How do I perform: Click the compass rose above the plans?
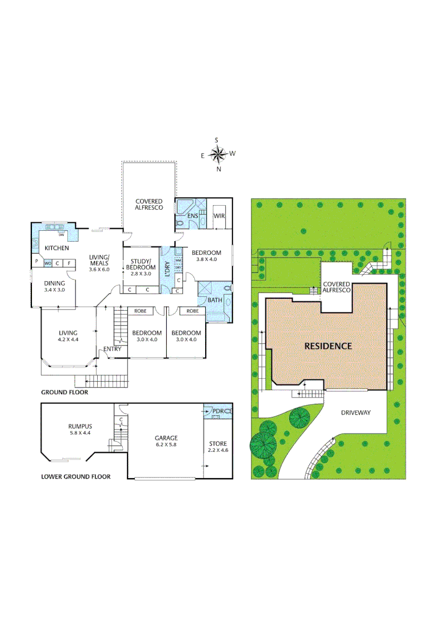(x=217, y=154)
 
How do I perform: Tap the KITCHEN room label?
(x=57, y=249)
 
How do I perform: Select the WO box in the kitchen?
(x=48, y=263)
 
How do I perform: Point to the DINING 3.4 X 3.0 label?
(x=54, y=286)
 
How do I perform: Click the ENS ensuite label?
(x=193, y=216)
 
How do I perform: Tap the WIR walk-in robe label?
(x=219, y=216)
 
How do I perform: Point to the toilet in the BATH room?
(x=228, y=289)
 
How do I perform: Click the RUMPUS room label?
(x=79, y=426)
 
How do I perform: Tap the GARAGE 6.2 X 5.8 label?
(x=166, y=441)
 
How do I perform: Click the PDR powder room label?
(x=218, y=411)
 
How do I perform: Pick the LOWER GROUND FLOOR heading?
(x=75, y=476)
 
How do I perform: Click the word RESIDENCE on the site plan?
(x=327, y=346)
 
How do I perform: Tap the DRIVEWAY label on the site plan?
(x=356, y=412)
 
